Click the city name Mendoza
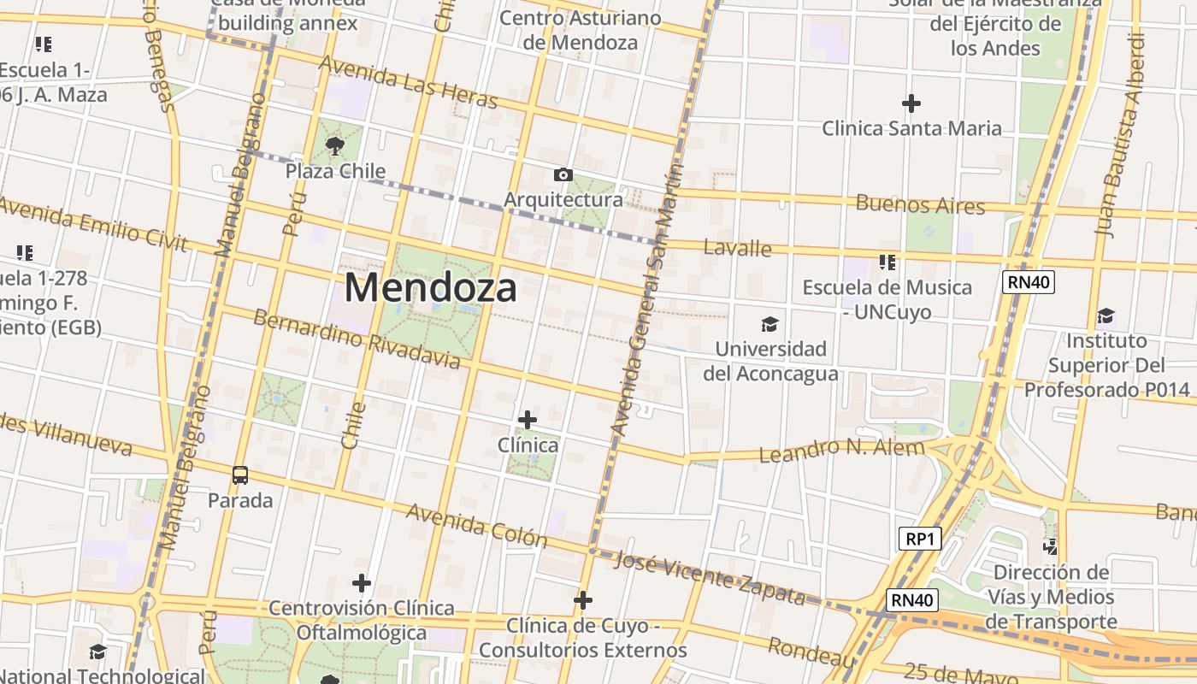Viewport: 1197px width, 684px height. [x=430, y=288]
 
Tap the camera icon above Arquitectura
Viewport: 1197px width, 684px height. [x=563, y=175]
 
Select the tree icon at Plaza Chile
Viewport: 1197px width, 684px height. [x=334, y=145]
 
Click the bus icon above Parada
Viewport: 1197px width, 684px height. [x=240, y=475]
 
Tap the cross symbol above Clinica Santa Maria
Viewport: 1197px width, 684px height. [x=911, y=103]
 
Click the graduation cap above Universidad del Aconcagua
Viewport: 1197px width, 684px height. [x=769, y=324]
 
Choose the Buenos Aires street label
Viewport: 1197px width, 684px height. [x=920, y=205]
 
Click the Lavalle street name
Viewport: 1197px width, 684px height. [x=737, y=249]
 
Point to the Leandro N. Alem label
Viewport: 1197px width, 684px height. [x=842, y=450]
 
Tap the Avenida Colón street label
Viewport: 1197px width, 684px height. [x=476, y=525]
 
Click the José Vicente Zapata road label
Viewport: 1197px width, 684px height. [x=710, y=578]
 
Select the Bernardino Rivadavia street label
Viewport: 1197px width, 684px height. [x=357, y=339]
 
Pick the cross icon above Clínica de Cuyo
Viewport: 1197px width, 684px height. [x=583, y=600]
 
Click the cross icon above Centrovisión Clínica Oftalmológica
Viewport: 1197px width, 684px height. [x=362, y=583]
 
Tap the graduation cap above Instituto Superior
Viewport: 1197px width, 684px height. [x=1106, y=316]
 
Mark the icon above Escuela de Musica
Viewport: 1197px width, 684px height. [x=887, y=262]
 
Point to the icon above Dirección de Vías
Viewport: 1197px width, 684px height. [x=1051, y=546]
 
